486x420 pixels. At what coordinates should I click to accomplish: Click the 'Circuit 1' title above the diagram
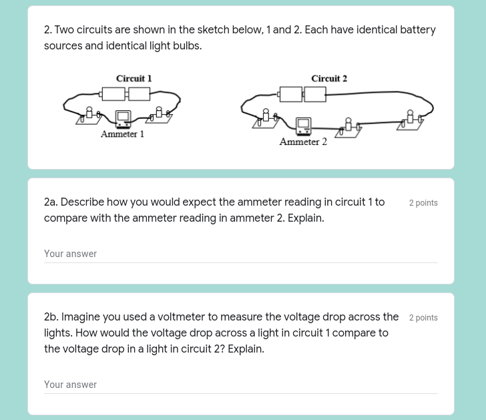[134, 79]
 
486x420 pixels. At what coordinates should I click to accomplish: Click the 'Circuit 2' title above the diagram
[329, 79]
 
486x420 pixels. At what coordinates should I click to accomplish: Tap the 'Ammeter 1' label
[122, 134]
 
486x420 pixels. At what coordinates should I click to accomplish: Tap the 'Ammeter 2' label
[303, 142]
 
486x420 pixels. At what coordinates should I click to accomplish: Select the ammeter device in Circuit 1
[123, 119]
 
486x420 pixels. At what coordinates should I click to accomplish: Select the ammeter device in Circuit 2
[303, 125]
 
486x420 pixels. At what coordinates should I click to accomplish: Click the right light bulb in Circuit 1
[159, 113]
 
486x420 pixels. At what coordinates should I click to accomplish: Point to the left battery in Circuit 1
[112, 94]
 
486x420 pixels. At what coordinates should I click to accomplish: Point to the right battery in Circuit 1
[139, 94]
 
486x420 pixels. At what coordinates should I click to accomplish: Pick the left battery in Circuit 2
[290, 94]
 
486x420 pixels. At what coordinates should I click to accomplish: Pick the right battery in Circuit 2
[315, 94]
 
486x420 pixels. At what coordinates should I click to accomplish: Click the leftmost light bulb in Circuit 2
[266, 117]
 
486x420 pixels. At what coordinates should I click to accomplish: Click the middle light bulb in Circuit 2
[348, 125]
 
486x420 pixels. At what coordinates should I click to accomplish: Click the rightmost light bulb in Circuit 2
[410, 118]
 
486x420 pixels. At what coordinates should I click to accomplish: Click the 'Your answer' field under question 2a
[240, 254]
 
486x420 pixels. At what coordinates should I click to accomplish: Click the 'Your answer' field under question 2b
[240, 385]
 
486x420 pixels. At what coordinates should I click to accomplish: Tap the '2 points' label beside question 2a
[423, 203]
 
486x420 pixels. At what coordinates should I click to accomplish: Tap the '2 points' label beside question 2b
[423, 318]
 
